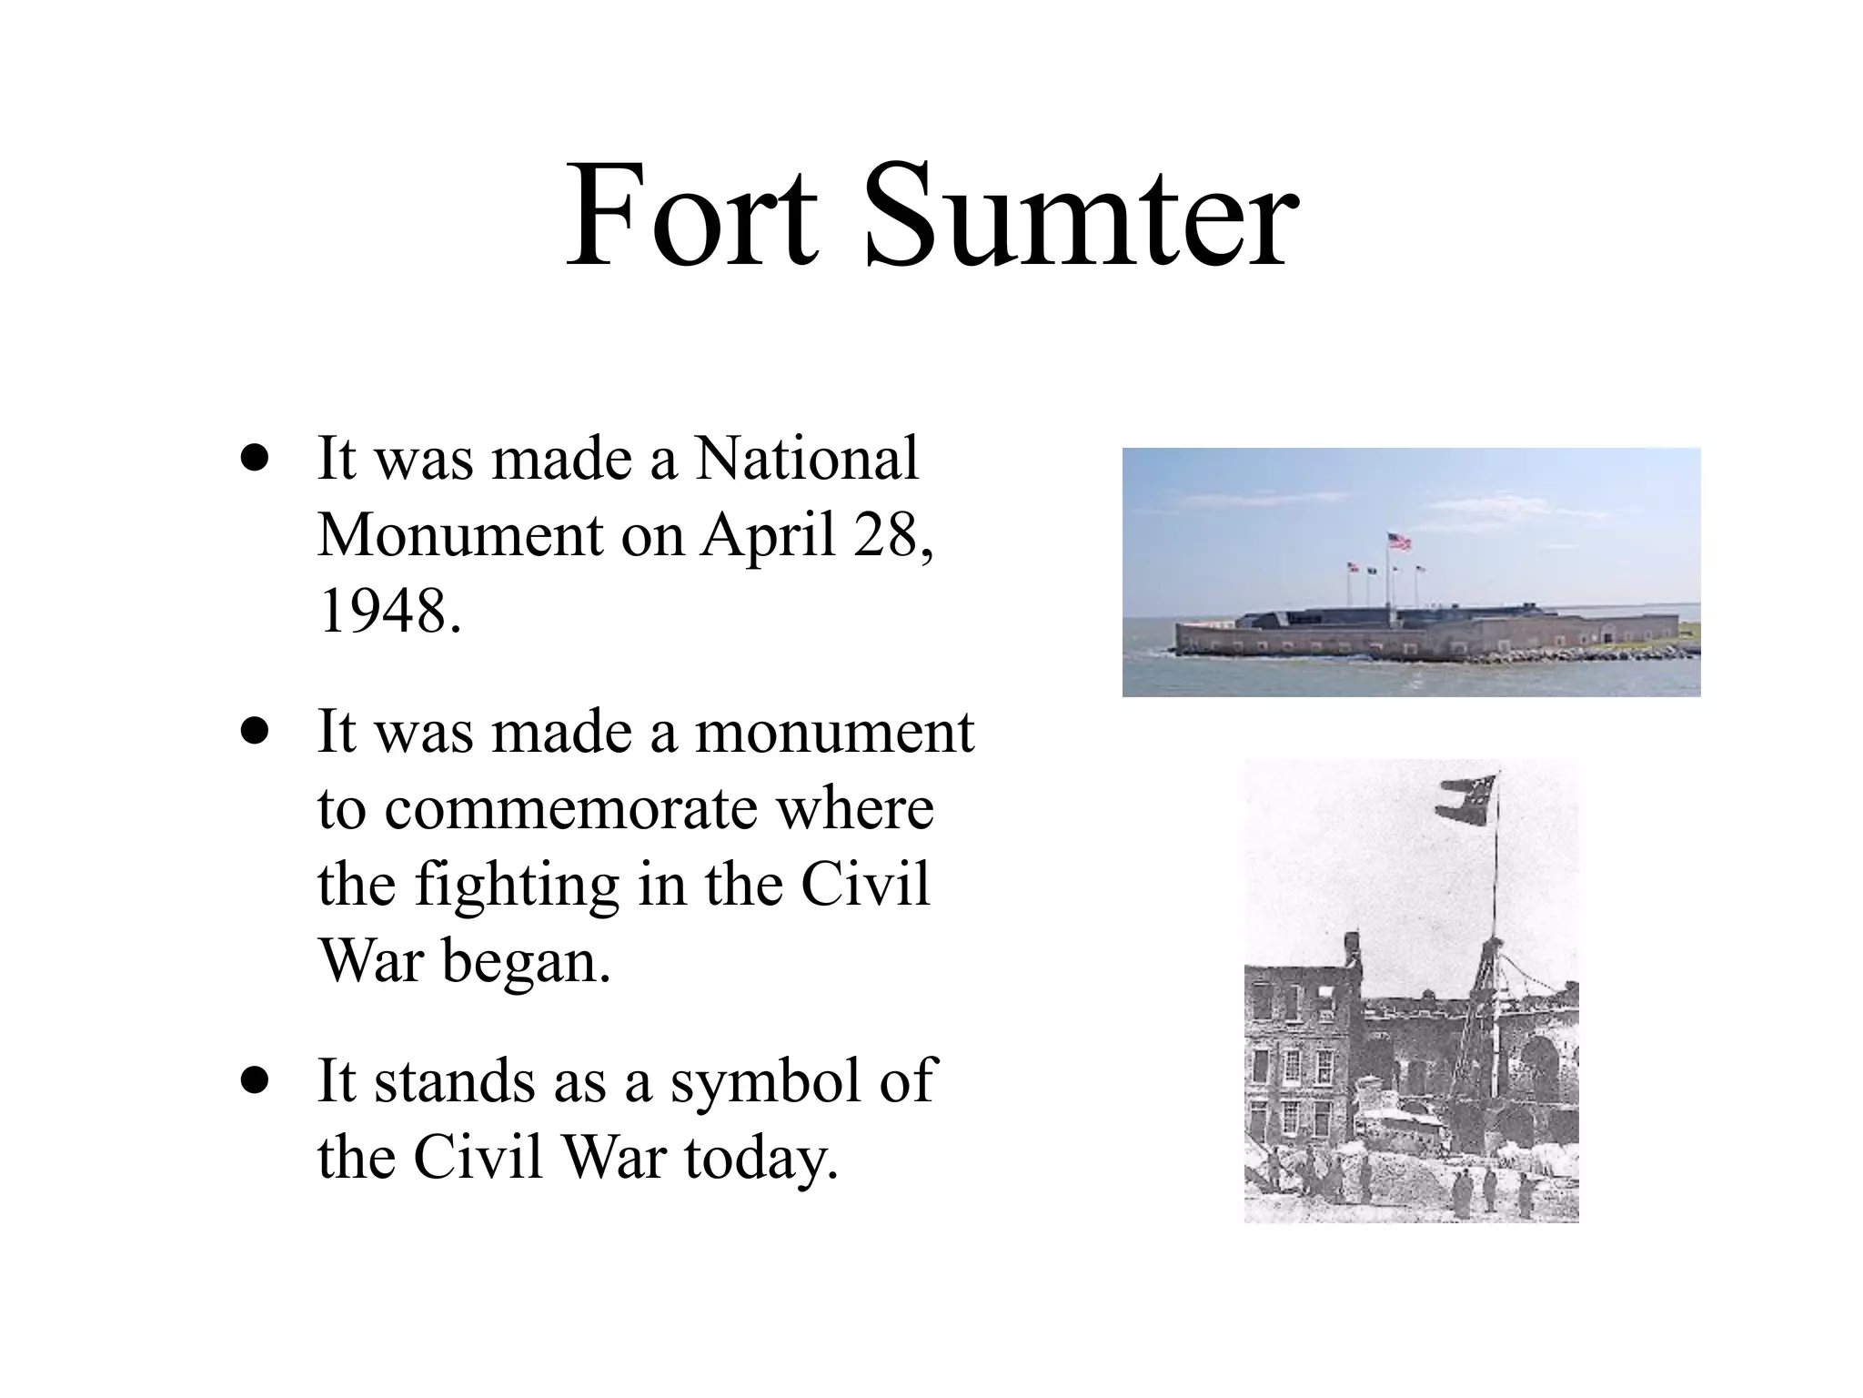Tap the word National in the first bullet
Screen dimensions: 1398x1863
[x=807, y=458]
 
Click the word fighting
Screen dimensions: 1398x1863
[x=516, y=886]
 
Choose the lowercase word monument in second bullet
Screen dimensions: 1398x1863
[x=834, y=731]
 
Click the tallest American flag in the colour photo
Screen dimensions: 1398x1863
[x=1399, y=542]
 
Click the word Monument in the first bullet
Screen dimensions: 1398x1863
[x=460, y=534]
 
